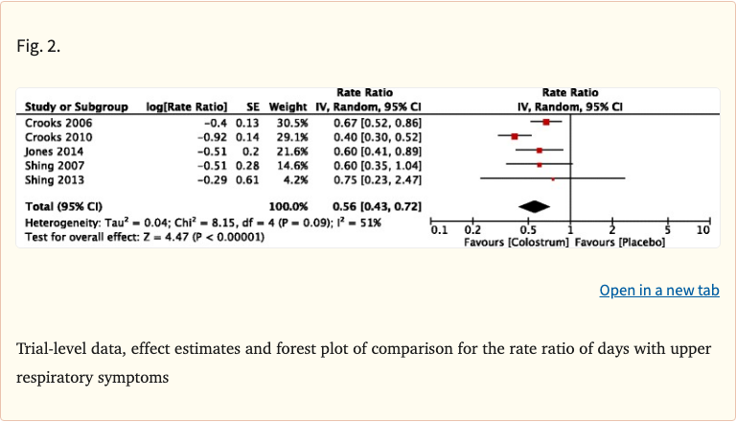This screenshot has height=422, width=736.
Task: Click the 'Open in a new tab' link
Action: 658,290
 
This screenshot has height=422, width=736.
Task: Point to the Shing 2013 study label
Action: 54,179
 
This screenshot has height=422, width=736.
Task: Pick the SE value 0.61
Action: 249,179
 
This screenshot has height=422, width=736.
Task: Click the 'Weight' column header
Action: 287,106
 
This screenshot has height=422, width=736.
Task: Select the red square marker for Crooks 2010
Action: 515,137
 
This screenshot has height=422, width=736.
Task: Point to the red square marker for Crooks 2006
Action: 545,123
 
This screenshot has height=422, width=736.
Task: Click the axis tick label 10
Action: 703,230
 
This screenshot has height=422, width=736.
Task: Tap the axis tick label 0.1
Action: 439,230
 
